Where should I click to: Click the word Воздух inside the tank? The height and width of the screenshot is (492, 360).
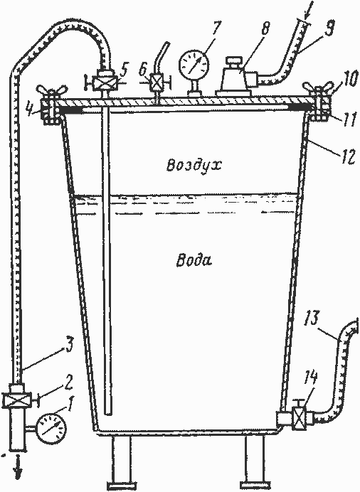194,164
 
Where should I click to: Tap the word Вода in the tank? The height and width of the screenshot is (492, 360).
194,260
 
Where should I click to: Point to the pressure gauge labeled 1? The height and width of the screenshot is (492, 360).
51,428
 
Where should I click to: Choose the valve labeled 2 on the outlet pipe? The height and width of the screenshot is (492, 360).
16,400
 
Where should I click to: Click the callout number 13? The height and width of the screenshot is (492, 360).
312,319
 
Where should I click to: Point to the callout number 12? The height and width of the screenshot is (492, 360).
346,156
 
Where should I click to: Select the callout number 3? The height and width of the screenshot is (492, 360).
69,345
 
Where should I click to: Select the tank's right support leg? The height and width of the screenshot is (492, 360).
255,461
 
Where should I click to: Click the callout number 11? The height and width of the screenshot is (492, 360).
349,120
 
